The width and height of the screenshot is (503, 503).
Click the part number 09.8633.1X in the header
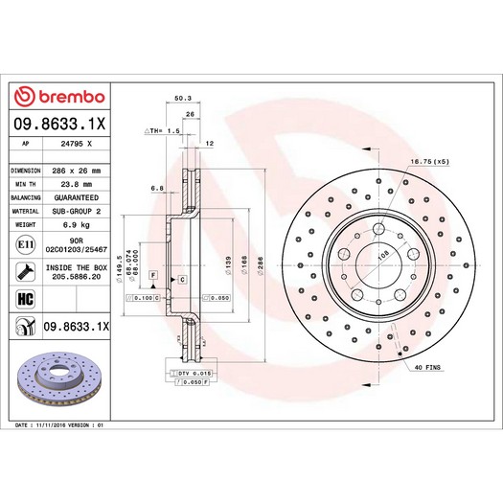tap(59, 123)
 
